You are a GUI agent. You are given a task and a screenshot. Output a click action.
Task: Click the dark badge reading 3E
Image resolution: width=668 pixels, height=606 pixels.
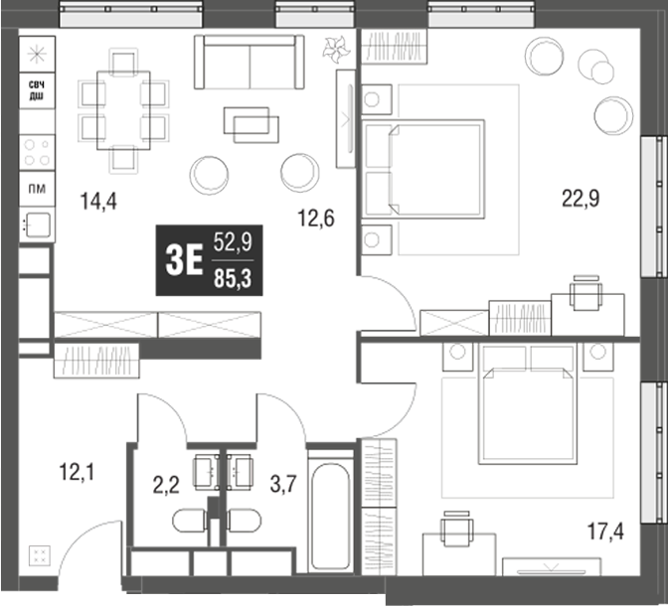(x=183, y=261)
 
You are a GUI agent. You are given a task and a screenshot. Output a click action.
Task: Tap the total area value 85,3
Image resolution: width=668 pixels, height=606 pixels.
(x=233, y=280)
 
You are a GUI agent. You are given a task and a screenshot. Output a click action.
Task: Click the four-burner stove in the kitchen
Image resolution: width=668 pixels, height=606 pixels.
(x=38, y=151)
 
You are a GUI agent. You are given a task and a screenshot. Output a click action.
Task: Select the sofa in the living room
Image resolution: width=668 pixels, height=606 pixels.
(x=249, y=64)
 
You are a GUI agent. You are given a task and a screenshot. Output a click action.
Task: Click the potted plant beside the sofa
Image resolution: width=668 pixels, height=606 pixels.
(x=333, y=47)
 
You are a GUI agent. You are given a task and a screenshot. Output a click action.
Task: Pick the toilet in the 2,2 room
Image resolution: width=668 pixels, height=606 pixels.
(x=190, y=521)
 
